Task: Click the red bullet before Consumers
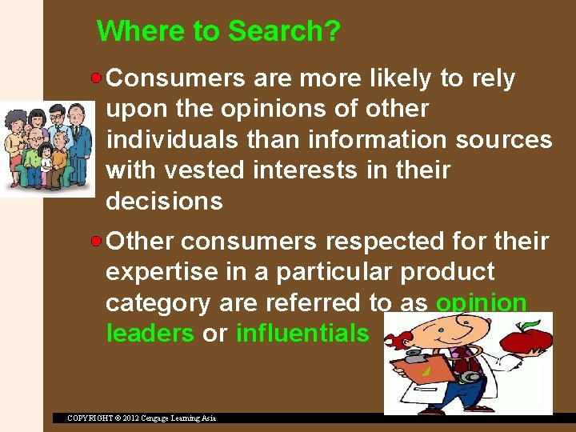(97, 78)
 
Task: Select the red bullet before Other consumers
(97, 240)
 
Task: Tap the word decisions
(164, 201)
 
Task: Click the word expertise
(165, 271)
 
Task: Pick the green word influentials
(302, 333)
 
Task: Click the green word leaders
(150, 333)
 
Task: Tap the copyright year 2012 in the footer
(134, 418)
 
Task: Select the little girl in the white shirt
(46, 160)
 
